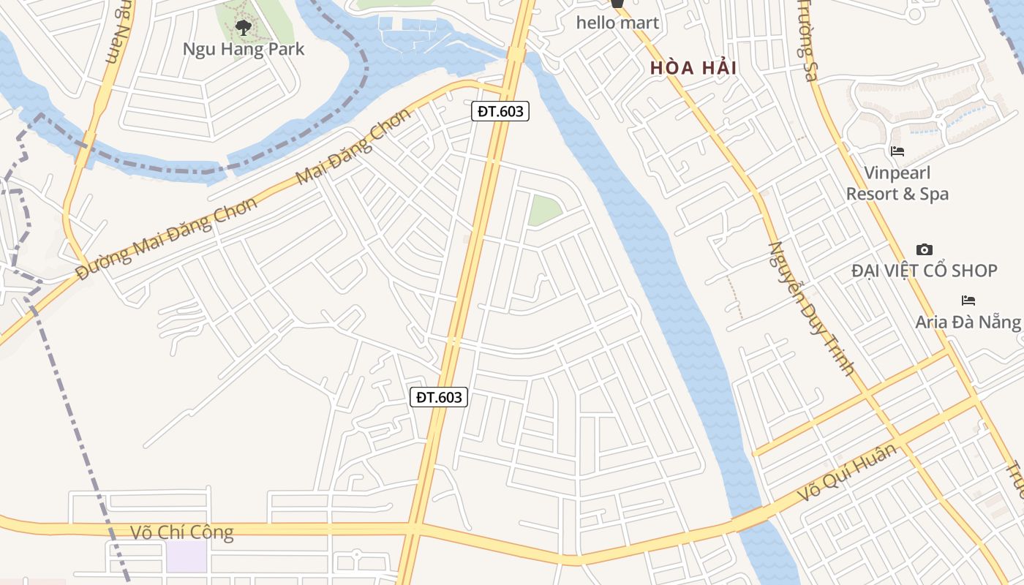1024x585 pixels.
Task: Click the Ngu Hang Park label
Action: pyautogui.click(x=243, y=49)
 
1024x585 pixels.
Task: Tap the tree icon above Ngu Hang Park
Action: pyautogui.click(x=243, y=29)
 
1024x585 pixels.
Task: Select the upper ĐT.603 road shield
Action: pyautogui.click(x=500, y=111)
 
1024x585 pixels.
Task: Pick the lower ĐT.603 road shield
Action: pyautogui.click(x=438, y=397)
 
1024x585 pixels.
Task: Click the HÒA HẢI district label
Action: pyautogui.click(x=693, y=69)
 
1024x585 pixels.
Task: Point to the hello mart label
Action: pyautogui.click(x=617, y=23)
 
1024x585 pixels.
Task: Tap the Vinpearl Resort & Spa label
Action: pyautogui.click(x=897, y=184)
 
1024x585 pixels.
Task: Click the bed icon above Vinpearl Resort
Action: pyautogui.click(x=897, y=151)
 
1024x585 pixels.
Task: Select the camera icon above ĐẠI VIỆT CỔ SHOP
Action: pyautogui.click(x=924, y=250)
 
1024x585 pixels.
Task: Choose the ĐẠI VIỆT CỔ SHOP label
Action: pyautogui.click(x=924, y=271)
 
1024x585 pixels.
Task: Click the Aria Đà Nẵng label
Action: pyautogui.click(x=968, y=322)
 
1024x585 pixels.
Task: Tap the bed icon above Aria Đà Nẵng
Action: pyautogui.click(x=968, y=301)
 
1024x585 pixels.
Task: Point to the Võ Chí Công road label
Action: pyautogui.click(x=181, y=532)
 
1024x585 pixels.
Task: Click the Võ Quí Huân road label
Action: pyautogui.click(x=847, y=473)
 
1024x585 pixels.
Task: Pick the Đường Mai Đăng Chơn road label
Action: pyautogui.click(x=167, y=238)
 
